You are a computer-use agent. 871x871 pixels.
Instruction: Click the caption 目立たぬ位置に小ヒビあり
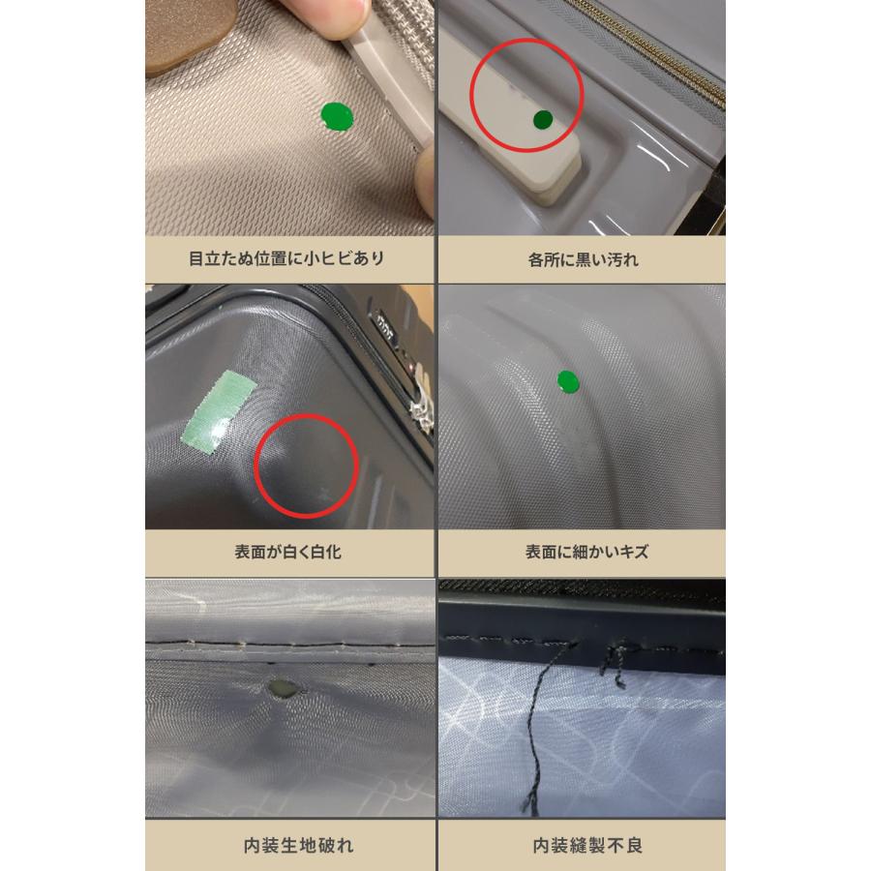point(286,258)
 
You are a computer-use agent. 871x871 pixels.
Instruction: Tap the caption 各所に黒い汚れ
point(584,259)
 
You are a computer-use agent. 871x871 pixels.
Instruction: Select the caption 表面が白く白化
point(287,552)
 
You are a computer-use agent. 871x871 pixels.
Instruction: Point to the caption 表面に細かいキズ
point(586,552)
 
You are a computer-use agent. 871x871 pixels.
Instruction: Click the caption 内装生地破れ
point(298,845)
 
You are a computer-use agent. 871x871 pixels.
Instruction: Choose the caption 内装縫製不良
point(587,845)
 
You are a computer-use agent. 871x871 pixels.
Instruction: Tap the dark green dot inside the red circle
point(543,119)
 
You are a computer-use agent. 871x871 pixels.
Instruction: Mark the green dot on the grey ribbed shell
point(568,382)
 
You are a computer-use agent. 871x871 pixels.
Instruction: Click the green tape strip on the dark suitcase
point(219,411)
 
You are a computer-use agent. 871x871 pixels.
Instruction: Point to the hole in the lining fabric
point(283,688)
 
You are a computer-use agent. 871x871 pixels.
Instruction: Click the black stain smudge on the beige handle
point(516,91)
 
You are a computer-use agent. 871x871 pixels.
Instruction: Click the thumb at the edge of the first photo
point(425,179)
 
